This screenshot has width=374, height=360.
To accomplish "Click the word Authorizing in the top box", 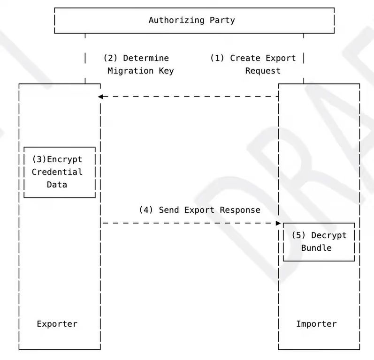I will [177, 20].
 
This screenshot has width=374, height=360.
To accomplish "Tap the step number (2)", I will [110, 58].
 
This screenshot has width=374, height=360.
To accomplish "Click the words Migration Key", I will [140, 71].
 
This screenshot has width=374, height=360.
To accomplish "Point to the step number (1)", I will [217, 58].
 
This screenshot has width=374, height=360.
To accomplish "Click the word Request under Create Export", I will [263, 71].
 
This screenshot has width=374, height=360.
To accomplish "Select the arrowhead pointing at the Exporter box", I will [100, 97].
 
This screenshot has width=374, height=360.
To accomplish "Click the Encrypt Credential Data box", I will [60, 172].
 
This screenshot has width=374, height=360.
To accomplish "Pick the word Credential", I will [57, 172].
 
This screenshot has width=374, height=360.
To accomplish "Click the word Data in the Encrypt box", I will [57, 185].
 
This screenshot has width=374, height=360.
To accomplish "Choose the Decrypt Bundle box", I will [319, 242].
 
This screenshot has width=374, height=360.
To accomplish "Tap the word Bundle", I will [316, 248].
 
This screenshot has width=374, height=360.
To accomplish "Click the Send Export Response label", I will [199, 210].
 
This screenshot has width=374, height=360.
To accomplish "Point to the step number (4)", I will [146, 210].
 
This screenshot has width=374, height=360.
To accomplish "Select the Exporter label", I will [57, 324].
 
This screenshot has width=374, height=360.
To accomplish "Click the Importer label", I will [316, 324].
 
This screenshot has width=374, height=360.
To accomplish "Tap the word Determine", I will [146, 58].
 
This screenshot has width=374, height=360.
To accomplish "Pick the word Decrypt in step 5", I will [328, 235].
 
